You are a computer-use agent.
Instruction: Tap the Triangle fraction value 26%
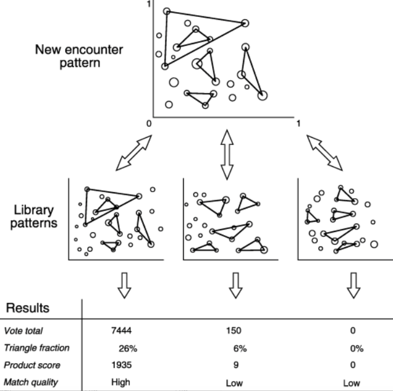point(123,348)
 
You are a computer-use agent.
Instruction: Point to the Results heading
point(28,309)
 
